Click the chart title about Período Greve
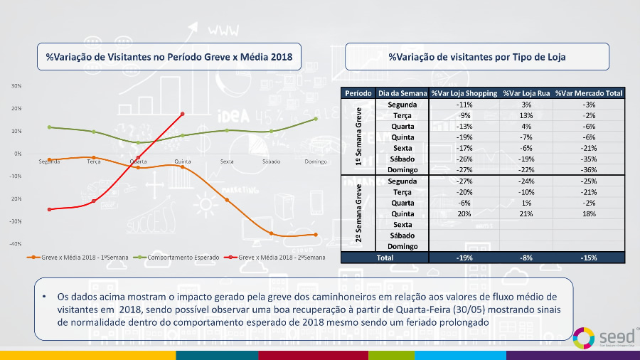coord(169,56)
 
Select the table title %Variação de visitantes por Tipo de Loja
coord(477,56)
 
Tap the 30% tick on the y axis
coord(16,85)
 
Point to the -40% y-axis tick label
coord(16,244)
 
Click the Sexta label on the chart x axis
coord(227,162)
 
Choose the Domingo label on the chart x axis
coord(315,162)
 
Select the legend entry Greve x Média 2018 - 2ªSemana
coord(278,257)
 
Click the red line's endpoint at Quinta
coord(183,114)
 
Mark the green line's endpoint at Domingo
coord(316,119)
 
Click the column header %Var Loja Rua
coord(526,93)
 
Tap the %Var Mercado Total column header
coord(589,93)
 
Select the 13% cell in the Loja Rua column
coord(526,115)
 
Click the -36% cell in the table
coord(589,170)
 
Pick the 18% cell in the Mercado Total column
coord(589,213)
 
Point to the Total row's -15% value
coord(589,258)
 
